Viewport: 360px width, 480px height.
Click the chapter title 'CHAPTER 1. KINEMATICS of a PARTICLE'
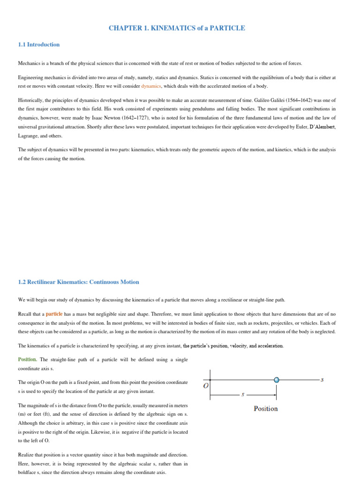pos(177,28)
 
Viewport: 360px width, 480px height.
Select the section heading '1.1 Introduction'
pos(39,45)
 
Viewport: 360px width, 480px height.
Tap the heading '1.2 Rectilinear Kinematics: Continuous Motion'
pos(78,282)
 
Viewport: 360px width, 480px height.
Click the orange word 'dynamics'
pos(151,86)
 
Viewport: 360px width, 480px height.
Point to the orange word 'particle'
pos(54,314)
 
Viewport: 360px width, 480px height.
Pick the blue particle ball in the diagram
pos(277,380)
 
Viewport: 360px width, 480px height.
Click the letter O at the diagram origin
pos(205,386)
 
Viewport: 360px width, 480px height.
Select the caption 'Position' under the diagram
pos(265,409)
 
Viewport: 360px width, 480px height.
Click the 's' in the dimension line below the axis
pos(242,394)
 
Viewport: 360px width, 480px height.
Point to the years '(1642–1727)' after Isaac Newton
pos(142,118)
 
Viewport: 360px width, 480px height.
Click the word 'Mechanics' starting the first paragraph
pos(30,63)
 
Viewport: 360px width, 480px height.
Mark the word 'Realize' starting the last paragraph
pos(27,455)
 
